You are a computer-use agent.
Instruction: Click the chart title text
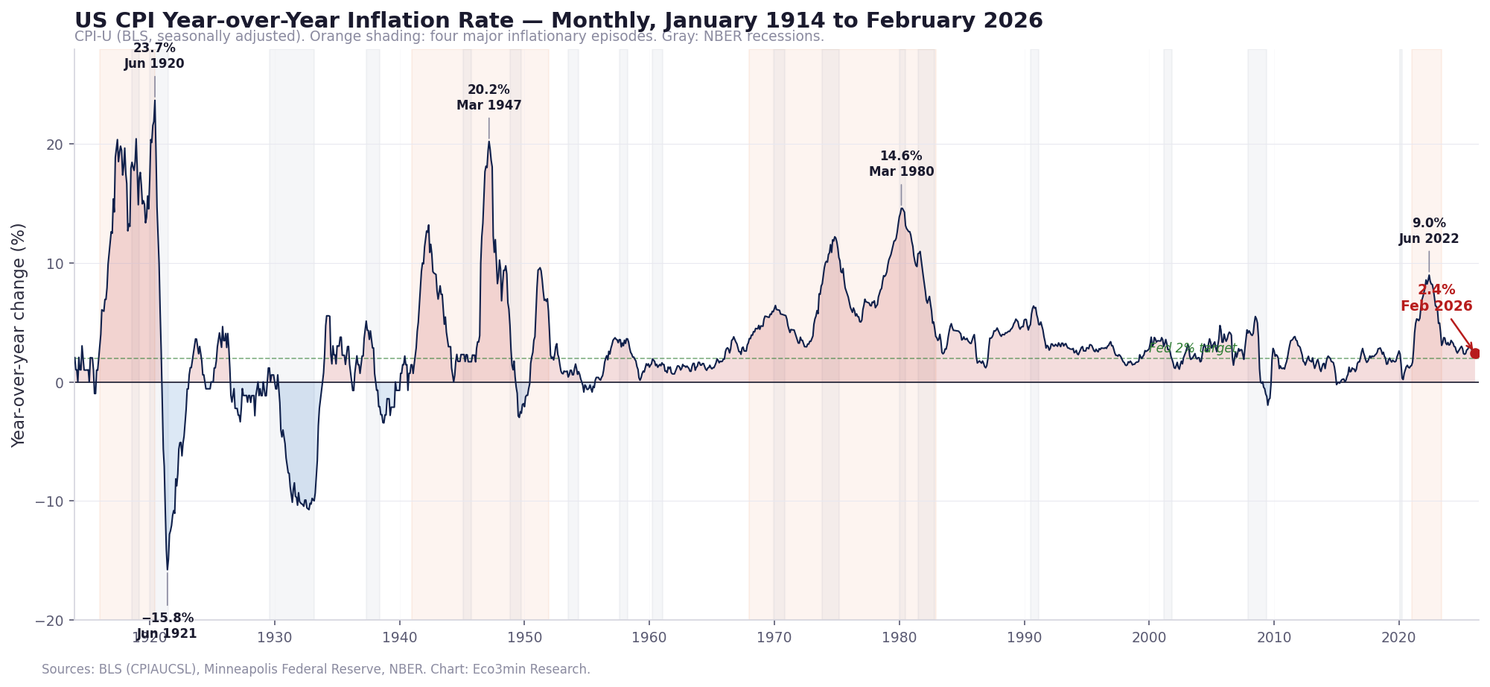[558, 21]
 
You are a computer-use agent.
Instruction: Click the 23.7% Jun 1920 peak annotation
[154, 56]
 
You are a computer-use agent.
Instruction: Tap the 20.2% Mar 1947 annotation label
[488, 98]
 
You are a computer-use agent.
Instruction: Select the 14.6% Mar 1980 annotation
[901, 164]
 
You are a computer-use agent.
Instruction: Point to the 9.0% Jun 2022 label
[1428, 231]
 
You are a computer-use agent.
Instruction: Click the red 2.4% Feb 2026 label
[1436, 298]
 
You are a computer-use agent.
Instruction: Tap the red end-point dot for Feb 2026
[1475, 354]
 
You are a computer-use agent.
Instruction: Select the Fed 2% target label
[1192, 348]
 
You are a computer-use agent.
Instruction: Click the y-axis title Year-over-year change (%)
[19, 335]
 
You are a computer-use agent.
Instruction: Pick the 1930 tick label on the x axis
[274, 638]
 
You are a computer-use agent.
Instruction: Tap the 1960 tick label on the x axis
[649, 638]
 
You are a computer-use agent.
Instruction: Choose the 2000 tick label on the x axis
[1149, 638]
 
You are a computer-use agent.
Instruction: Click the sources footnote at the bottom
[316, 669]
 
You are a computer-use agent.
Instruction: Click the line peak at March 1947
[488, 142]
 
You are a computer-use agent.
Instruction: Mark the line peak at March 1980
[901, 209]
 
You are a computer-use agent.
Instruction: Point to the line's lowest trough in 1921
[168, 569]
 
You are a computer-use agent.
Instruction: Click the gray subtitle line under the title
[449, 37]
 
